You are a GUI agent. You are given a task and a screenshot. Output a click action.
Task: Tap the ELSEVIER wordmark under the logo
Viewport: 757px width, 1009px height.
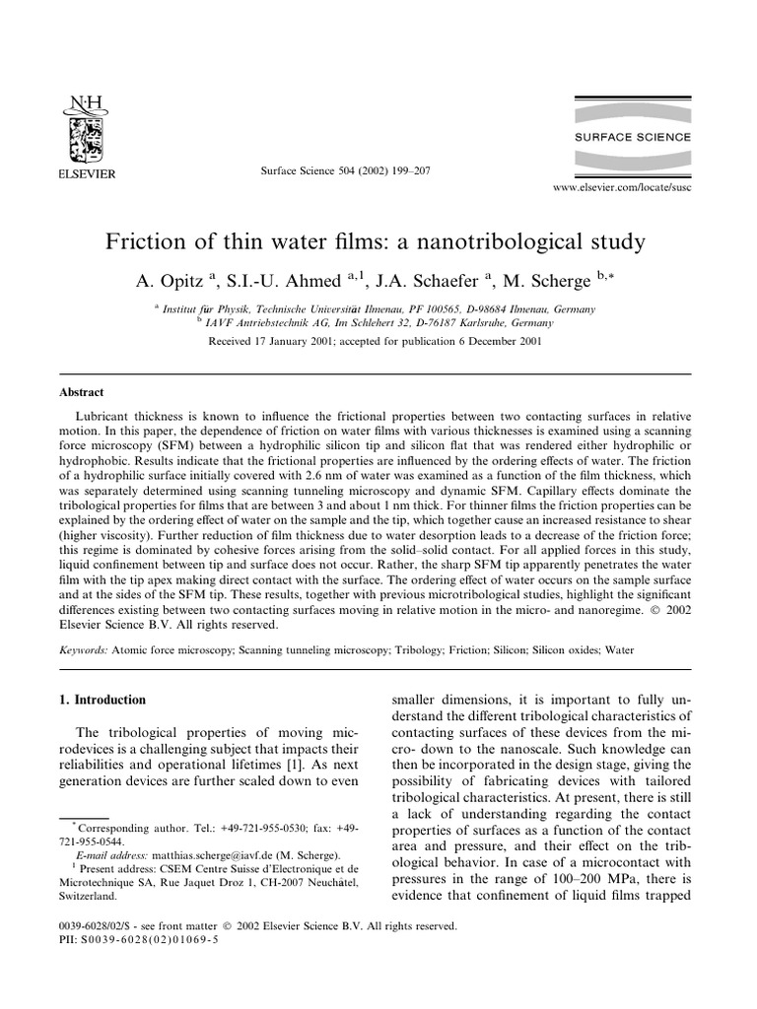tap(88, 175)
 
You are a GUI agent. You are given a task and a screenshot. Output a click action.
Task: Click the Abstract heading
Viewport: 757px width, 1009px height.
tap(82, 391)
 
